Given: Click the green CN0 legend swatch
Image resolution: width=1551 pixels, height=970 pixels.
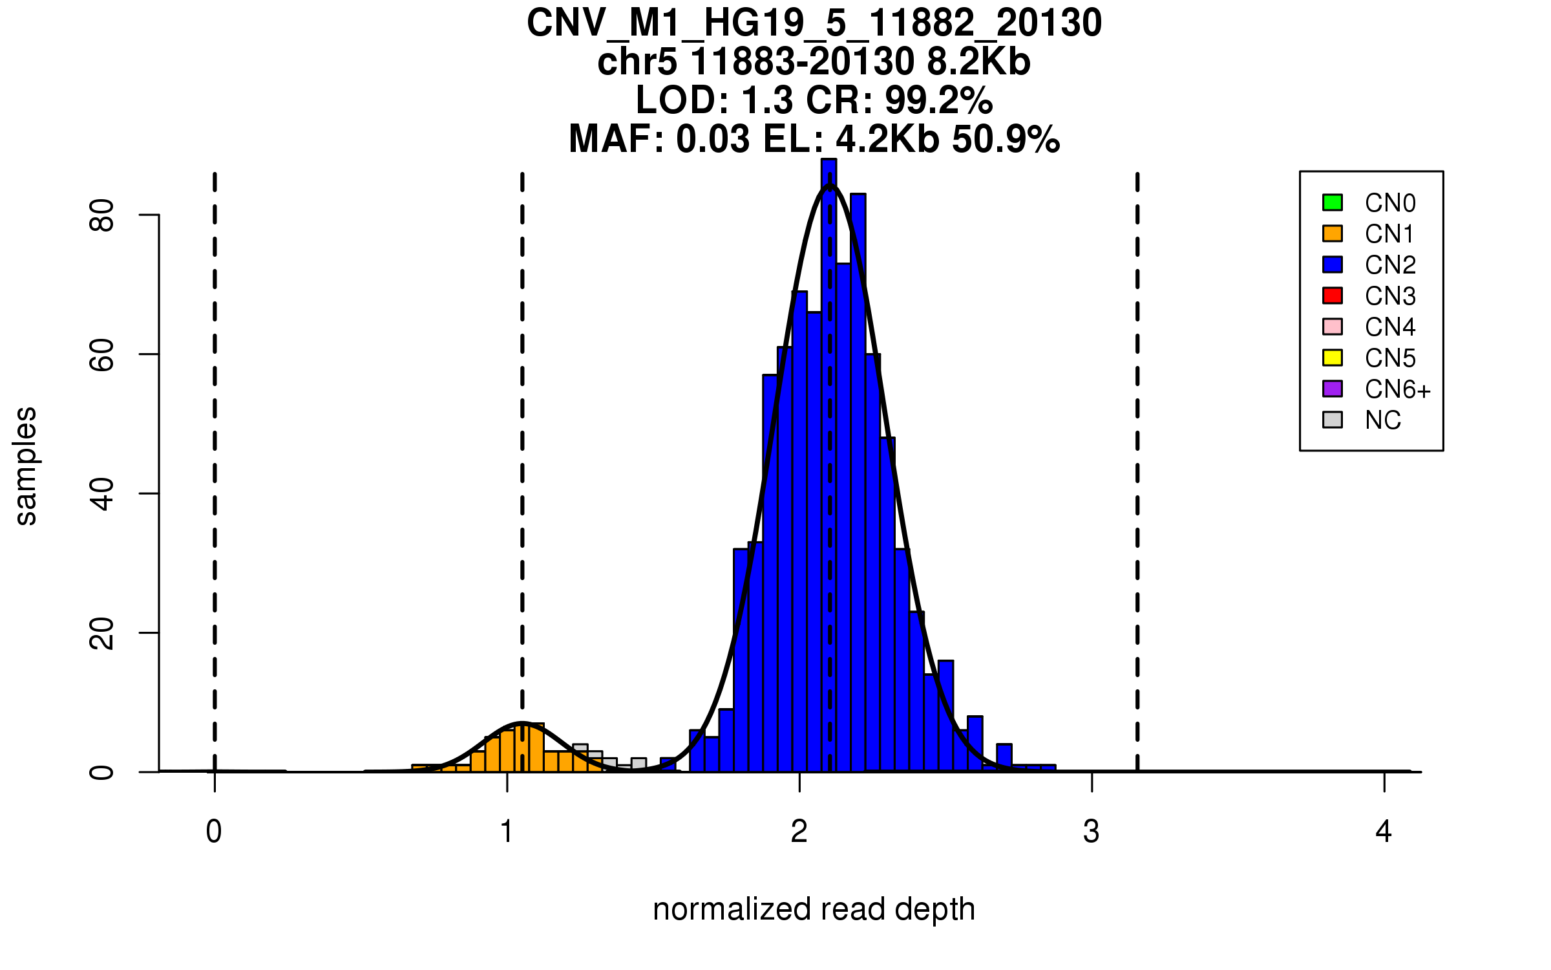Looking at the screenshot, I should (1333, 202).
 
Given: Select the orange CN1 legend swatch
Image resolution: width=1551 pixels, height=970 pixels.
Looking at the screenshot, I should (1333, 233).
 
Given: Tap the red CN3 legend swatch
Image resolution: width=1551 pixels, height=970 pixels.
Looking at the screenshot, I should (1333, 296).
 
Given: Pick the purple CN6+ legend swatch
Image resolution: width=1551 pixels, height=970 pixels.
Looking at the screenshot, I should (1333, 389).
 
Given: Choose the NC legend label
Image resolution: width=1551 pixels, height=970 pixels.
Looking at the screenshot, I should (1382, 420).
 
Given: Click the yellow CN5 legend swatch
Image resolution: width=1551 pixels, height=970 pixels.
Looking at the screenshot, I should (1333, 358).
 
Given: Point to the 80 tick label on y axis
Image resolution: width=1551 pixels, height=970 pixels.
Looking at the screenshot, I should (102, 215).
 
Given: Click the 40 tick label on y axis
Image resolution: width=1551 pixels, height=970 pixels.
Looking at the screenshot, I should (102, 494).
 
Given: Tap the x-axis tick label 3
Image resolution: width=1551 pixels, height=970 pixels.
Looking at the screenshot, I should (1092, 832).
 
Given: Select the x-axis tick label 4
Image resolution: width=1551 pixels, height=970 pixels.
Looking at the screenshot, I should (1384, 832).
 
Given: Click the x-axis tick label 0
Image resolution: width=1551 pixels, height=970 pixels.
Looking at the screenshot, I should (214, 832).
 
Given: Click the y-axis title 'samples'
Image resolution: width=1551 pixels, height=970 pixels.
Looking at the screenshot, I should (26, 466).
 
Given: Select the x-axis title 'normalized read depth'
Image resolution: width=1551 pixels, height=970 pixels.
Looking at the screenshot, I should (814, 909).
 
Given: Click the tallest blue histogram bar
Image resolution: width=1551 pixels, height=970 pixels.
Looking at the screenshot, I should (828, 453).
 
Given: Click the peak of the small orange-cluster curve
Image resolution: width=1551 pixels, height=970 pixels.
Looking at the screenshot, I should (522, 722).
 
